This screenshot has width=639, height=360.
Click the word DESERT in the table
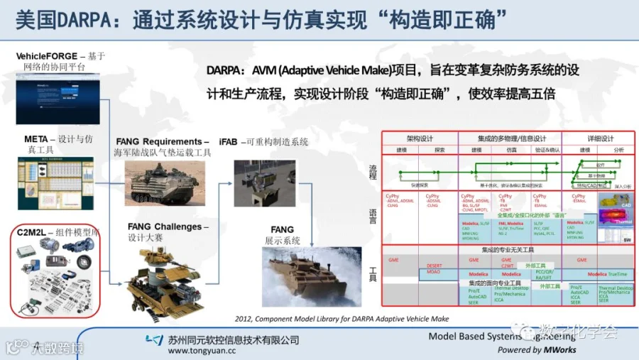point(435,266)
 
